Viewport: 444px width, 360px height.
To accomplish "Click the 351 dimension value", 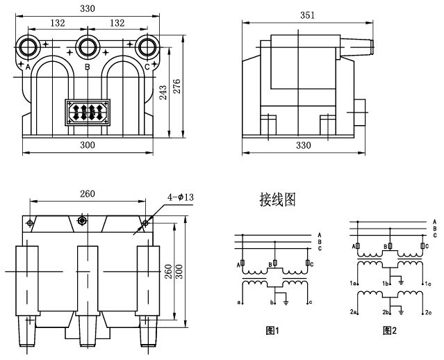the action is (307, 15).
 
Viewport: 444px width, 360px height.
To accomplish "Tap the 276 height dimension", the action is (177, 86).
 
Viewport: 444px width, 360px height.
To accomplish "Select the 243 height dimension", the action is (163, 92).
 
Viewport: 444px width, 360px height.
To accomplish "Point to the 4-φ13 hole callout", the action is (181, 197).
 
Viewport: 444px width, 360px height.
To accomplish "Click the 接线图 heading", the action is (278, 199).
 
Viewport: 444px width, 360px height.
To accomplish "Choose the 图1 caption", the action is (272, 331).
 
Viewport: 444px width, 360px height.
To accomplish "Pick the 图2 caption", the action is (390, 331).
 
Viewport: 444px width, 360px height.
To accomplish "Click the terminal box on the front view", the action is (88, 113).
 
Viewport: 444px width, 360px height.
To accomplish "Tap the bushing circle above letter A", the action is (28, 47).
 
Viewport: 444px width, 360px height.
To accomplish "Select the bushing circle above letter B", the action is (88, 47).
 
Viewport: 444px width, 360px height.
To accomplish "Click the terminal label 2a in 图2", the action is (353, 312).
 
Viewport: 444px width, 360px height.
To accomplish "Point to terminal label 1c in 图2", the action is (428, 284).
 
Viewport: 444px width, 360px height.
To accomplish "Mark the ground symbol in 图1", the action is (286, 302).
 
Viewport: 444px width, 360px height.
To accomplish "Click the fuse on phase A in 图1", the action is (242, 263).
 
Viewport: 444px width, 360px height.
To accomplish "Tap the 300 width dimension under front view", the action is (88, 145).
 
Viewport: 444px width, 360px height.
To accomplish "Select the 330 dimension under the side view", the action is (303, 145).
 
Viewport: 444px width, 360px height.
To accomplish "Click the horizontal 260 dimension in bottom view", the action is (88, 194).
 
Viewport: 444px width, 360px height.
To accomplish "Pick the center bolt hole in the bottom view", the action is (82, 220).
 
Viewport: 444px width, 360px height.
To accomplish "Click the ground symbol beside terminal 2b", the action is (401, 312).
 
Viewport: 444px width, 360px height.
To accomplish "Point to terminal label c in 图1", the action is (311, 302).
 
